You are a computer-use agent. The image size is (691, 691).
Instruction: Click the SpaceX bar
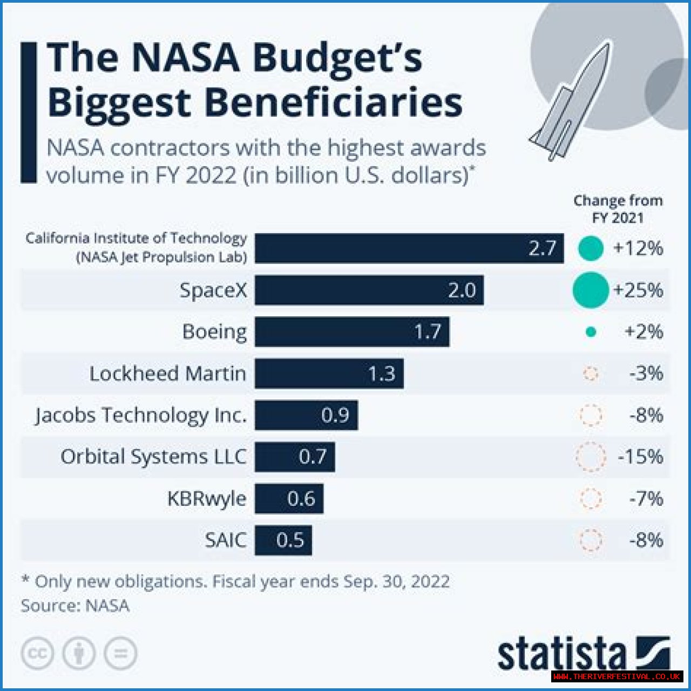tap(369, 290)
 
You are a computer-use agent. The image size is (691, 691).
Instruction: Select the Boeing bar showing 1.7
tap(352, 331)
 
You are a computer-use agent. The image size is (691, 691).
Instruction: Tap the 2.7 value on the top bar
tap(542, 248)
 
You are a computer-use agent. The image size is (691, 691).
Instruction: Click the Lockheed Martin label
tap(167, 374)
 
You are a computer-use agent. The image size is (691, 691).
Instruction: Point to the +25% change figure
tap(638, 290)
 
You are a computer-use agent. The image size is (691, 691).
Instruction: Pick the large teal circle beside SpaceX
tap(591, 290)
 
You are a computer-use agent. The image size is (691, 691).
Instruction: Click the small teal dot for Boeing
tap(591, 332)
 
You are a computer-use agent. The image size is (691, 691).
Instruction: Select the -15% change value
tap(640, 457)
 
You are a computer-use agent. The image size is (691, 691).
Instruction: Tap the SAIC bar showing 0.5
tap(283, 540)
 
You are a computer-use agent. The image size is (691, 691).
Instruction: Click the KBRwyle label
tap(207, 498)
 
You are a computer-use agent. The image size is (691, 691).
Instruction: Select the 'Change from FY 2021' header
tap(618, 209)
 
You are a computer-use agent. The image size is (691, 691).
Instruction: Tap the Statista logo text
tap(561, 655)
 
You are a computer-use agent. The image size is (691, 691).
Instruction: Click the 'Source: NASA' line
tap(75, 606)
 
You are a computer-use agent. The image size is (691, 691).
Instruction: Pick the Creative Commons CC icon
tap(37, 654)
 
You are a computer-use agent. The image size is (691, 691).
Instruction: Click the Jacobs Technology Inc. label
tap(141, 415)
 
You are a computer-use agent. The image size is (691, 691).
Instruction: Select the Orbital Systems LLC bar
tap(295, 457)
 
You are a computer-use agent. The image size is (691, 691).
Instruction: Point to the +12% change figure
tap(638, 248)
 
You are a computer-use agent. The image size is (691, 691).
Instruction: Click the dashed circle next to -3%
tap(591, 374)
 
